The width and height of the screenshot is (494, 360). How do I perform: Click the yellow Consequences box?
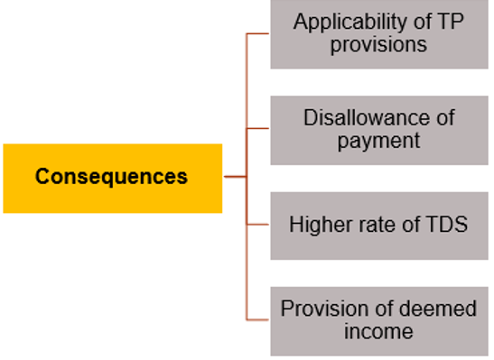point(112,177)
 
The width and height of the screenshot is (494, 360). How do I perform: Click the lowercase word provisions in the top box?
point(379,44)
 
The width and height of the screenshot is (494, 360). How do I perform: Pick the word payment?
point(379,141)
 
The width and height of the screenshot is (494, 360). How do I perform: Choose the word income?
point(378,331)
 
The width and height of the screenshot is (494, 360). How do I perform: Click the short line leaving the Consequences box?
point(234,177)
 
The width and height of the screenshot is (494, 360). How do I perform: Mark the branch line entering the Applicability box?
point(258,34)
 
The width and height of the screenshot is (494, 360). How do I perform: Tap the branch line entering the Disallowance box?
point(258,129)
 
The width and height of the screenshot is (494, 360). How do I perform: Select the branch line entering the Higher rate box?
point(258,225)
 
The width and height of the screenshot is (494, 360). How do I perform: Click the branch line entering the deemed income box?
point(258,319)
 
